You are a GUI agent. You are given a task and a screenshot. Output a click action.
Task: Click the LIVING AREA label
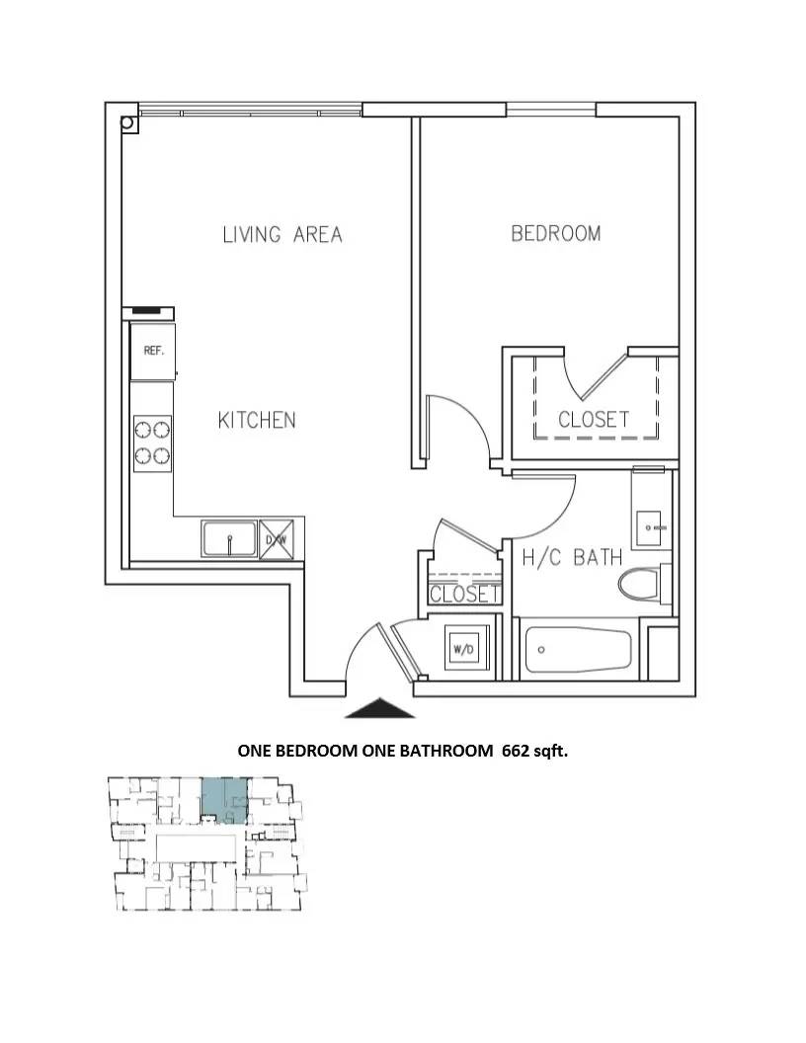tap(282, 234)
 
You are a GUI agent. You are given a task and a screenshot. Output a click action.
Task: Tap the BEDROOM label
tap(556, 233)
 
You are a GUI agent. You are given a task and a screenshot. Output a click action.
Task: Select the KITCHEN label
tap(257, 420)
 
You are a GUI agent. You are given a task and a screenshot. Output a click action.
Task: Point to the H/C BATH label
tap(572, 557)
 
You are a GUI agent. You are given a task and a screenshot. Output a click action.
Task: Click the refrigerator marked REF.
tap(153, 351)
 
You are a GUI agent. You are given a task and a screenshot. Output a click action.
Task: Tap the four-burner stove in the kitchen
tap(152, 443)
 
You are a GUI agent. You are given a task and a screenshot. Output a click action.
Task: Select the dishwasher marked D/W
tap(277, 539)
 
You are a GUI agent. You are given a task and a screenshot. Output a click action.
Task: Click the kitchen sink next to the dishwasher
tap(229, 539)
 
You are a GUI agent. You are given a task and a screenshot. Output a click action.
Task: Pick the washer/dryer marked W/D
tap(463, 649)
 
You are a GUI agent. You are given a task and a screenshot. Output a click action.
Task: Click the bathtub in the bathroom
tap(578, 650)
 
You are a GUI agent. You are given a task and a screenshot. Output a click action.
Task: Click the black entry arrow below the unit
tap(380, 708)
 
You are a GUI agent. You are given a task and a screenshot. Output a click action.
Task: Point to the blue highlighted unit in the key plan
tap(225, 800)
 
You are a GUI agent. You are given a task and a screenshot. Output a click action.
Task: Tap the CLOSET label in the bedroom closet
tap(594, 419)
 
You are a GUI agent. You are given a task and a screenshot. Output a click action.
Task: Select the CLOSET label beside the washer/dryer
tap(464, 594)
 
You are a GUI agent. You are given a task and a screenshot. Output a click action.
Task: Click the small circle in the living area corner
tap(127, 122)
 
